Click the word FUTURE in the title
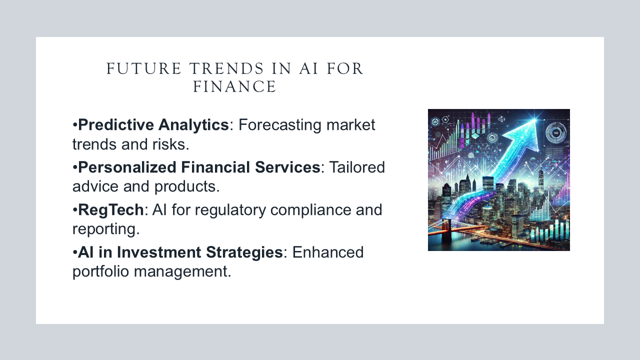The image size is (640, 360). pos(144,68)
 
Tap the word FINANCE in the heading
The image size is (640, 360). pos(234,86)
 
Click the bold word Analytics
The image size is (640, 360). pos(193,125)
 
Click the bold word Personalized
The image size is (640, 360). pos(127,167)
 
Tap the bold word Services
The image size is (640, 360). pos(287,167)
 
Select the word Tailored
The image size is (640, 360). pos(357,167)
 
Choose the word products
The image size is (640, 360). pos(185,186)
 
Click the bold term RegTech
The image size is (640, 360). pos(111,210)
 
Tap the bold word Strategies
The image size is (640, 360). pos(244,252)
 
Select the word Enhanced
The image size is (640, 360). pos(327,252)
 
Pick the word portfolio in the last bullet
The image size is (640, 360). pos(100,271)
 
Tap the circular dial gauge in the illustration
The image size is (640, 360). pos(555,133)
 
